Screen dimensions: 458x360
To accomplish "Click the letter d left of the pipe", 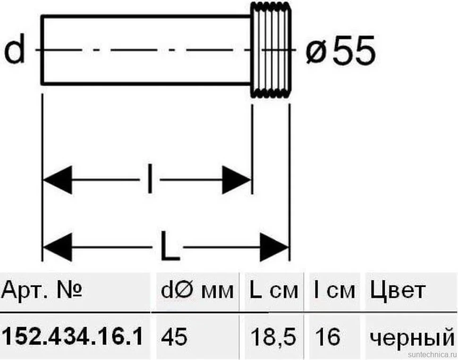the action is pyautogui.click(x=14, y=50).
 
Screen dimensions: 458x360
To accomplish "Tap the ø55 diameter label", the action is pyautogui.click(x=340, y=50).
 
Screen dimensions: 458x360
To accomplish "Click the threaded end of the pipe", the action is pyautogui.click(x=271, y=50).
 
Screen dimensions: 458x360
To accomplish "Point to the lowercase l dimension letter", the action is pyautogui.click(x=150, y=179).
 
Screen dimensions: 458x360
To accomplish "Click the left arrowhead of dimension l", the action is pyautogui.click(x=58, y=180).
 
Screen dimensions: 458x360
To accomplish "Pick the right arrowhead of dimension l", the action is pyautogui.click(x=237, y=180).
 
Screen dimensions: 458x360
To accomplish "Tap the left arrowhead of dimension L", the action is pyautogui.click(x=58, y=247).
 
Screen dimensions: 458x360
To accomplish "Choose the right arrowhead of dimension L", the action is pyautogui.click(x=274, y=247).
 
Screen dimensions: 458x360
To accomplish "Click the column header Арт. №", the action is pyautogui.click(x=42, y=290).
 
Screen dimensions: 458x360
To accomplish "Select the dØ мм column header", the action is pyautogui.click(x=197, y=290).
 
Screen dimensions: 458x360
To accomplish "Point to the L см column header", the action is pyautogui.click(x=274, y=290).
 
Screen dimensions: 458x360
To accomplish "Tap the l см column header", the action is pyautogui.click(x=334, y=290).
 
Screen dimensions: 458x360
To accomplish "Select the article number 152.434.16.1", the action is pyautogui.click(x=72, y=336).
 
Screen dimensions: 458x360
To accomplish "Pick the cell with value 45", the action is pyautogui.click(x=174, y=336).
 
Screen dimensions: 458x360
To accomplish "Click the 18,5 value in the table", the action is pyautogui.click(x=273, y=336).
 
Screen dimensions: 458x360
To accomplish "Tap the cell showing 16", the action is pyautogui.click(x=327, y=336).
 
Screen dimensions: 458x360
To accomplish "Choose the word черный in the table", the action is pyautogui.click(x=412, y=338).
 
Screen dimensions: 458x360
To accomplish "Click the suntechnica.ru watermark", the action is pyautogui.click(x=433, y=354).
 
